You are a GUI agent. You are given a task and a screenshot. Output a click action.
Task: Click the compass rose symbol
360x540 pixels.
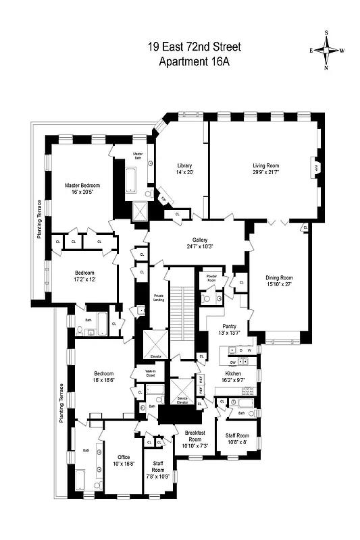327,50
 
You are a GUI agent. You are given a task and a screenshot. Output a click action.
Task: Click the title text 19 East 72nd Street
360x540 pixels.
194,47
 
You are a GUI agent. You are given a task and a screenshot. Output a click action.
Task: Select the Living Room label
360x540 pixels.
266,165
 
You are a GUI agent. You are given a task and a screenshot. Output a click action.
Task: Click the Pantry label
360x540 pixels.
230,325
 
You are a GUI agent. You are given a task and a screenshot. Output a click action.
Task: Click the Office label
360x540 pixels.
124,457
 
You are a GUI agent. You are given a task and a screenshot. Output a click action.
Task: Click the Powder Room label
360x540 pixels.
206,279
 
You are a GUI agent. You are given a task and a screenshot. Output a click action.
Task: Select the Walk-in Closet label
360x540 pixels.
146,374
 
